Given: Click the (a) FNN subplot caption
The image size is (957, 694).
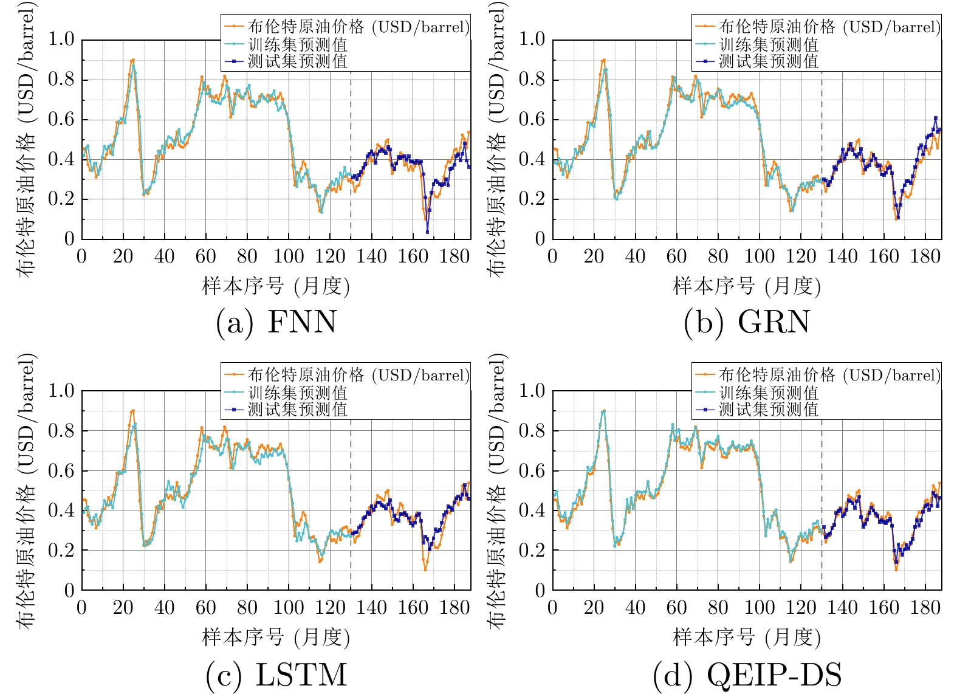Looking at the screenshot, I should [276, 322].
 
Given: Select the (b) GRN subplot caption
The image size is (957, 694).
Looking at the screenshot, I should [747, 322].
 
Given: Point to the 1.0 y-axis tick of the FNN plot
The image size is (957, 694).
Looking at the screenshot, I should [61, 40].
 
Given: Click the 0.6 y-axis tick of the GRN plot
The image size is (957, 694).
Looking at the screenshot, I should [532, 119].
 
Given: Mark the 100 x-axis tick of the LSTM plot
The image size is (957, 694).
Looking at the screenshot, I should [289, 608].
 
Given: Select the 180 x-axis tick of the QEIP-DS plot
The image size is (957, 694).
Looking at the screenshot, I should [925, 608].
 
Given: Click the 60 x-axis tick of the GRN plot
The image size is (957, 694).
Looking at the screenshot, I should [676, 256].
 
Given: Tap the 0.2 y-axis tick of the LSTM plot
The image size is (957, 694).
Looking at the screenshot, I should [61, 550].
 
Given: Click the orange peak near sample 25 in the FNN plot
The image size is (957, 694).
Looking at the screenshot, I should [133, 60].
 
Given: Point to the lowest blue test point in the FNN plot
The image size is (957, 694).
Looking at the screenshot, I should [428, 232].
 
